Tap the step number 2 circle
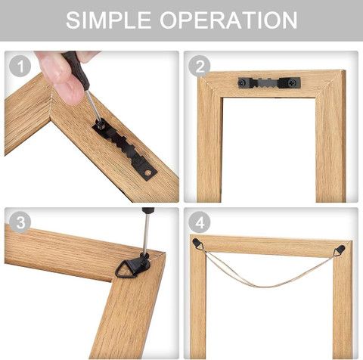point(198,66)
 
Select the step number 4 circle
point(198,222)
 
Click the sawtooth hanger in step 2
point(269,81)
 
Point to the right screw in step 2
point(294,81)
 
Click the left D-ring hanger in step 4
point(198,244)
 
